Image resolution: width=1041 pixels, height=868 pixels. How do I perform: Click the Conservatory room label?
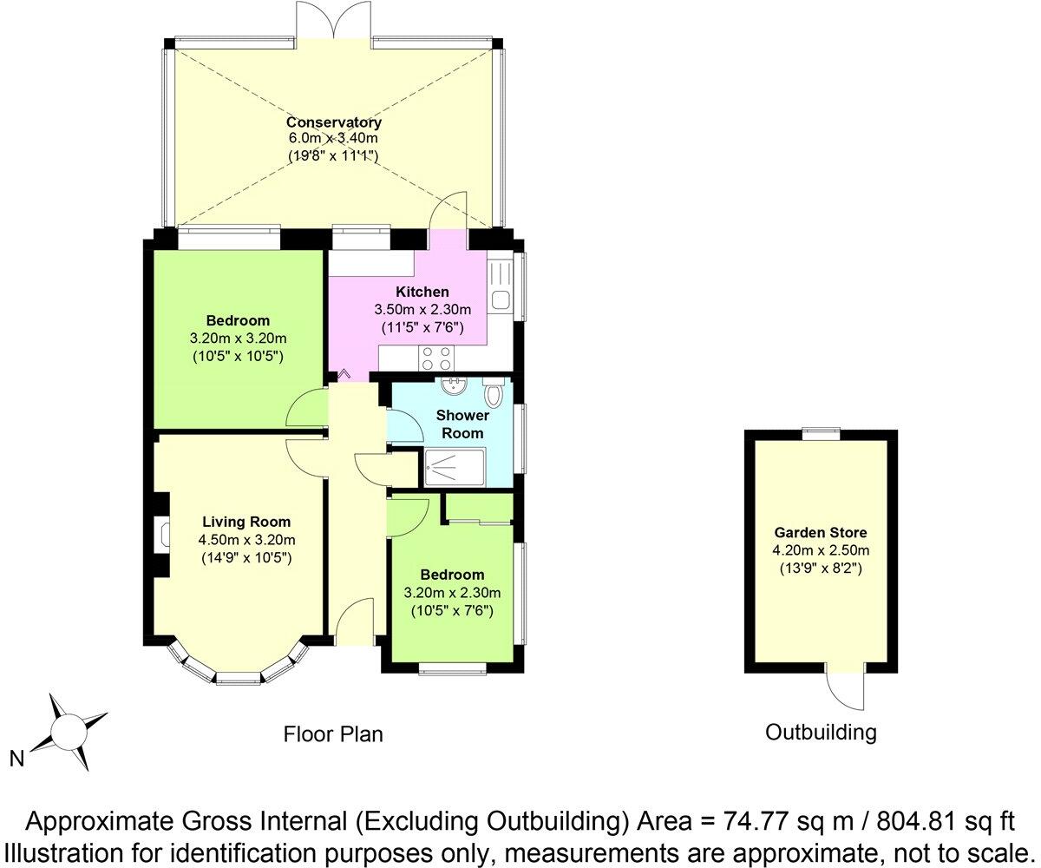click(334, 122)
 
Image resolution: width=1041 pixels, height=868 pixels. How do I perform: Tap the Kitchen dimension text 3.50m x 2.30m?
click(422, 310)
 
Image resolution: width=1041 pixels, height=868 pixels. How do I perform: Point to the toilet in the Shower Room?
click(493, 395)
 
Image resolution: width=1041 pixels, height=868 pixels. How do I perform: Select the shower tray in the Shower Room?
click(455, 468)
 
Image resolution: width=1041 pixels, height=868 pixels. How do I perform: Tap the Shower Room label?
click(462, 424)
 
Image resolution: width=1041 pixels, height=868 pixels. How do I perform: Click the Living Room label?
click(246, 522)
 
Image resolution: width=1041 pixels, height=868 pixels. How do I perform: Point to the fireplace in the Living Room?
click(163, 534)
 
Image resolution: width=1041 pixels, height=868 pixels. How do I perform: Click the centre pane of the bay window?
click(238, 676)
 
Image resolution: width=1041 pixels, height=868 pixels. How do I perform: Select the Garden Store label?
click(821, 533)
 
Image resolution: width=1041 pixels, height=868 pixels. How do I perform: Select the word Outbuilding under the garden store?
click(821, 732)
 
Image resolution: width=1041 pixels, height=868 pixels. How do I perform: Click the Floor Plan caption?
click(333, 734)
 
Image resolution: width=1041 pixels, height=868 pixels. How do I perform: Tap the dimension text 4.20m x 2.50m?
click(821, 550)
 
